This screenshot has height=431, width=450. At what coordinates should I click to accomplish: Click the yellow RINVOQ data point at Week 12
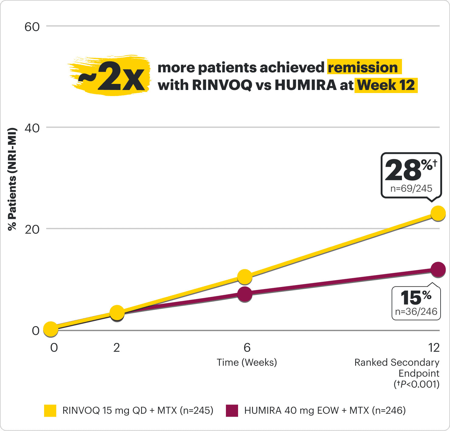tap(438, 213)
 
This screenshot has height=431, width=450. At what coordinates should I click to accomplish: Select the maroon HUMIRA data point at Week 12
tap(438, 269)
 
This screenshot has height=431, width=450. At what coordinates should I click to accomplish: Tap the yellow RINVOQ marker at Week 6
tap(244, 277)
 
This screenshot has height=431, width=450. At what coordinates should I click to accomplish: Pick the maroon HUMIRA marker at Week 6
tap(244, 294)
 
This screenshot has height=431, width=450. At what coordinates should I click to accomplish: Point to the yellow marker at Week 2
tap(117, 312)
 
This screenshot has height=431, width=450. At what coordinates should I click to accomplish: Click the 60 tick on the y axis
tap(32, 27)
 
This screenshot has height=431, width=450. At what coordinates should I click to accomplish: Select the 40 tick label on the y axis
tap(32, 128)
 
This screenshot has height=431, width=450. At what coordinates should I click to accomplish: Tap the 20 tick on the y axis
tap(32, 229)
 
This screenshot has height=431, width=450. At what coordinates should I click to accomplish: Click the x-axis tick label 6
tap(247, 347)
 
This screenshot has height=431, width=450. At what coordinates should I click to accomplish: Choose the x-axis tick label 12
tap(434, 347)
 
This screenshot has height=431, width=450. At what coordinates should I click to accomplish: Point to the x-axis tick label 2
tap(117, 347)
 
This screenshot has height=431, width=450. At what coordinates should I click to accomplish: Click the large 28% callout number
tap(403, 170)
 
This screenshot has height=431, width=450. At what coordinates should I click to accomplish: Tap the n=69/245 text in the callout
tap(411, 188)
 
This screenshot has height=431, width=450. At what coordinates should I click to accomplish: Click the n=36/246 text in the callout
tap(416, 312)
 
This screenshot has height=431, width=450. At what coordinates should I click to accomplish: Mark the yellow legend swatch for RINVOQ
tap(50, 411)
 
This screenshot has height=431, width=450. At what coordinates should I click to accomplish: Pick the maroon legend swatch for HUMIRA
tap(232, 411)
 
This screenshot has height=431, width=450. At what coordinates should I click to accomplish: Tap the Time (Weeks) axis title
tap(247, 362)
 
